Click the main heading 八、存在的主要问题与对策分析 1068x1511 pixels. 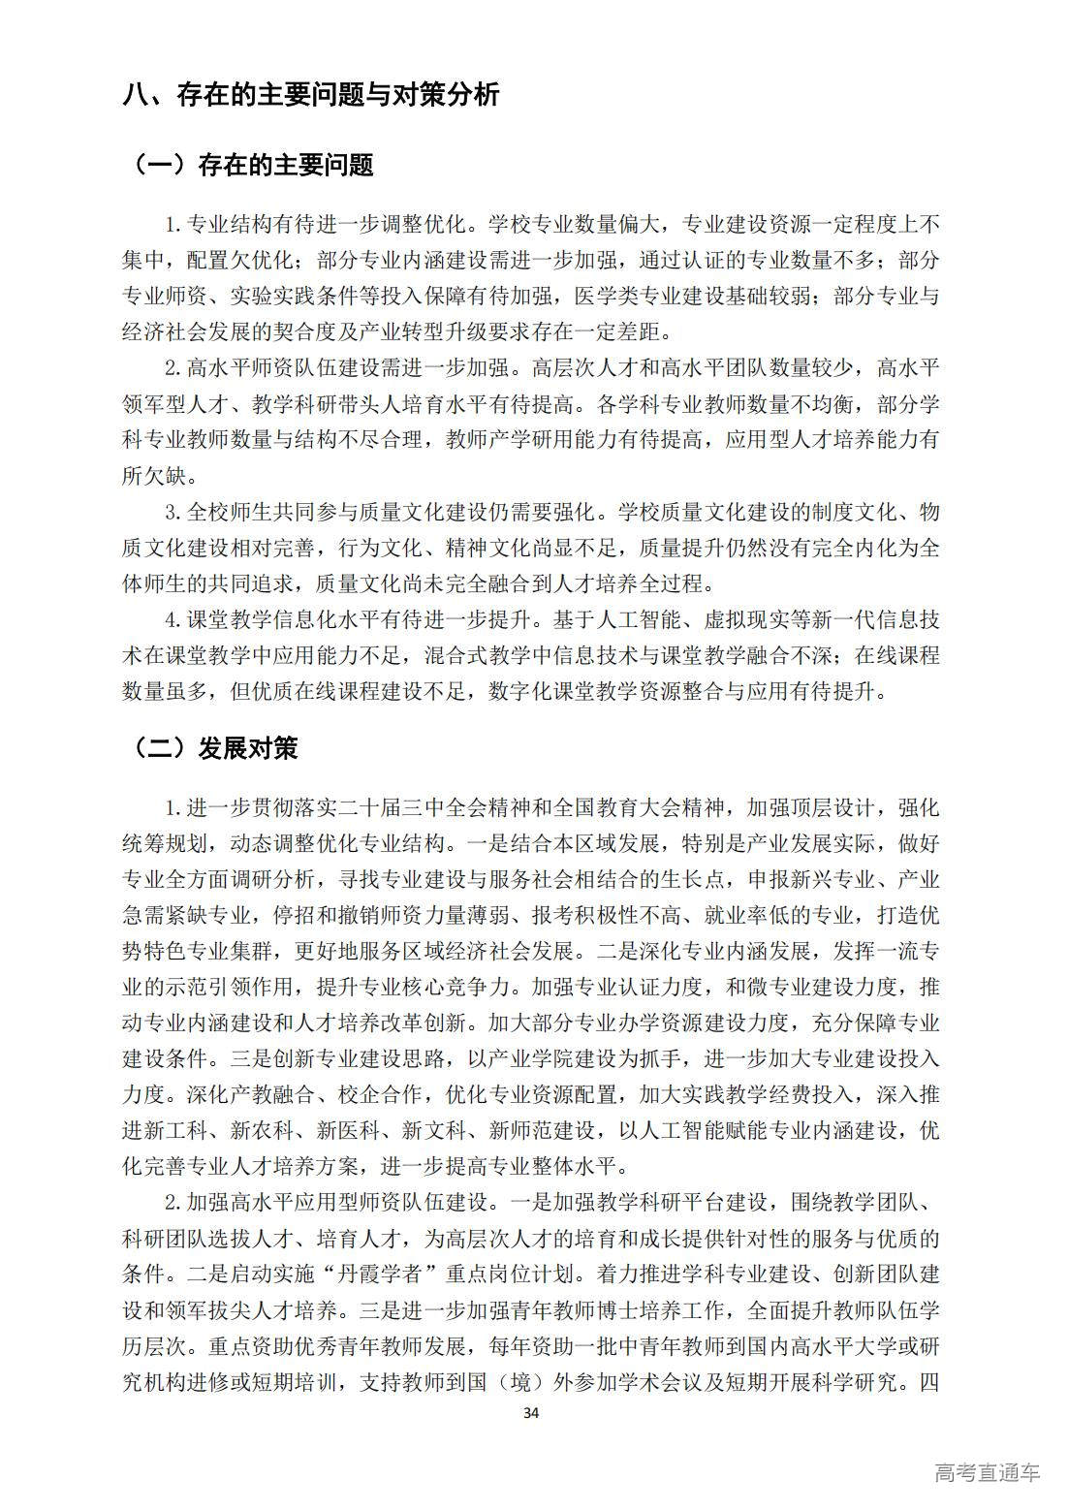tap(311, 95)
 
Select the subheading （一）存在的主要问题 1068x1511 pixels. tap(250, 165)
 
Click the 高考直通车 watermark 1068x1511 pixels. tap(987, 1473)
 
